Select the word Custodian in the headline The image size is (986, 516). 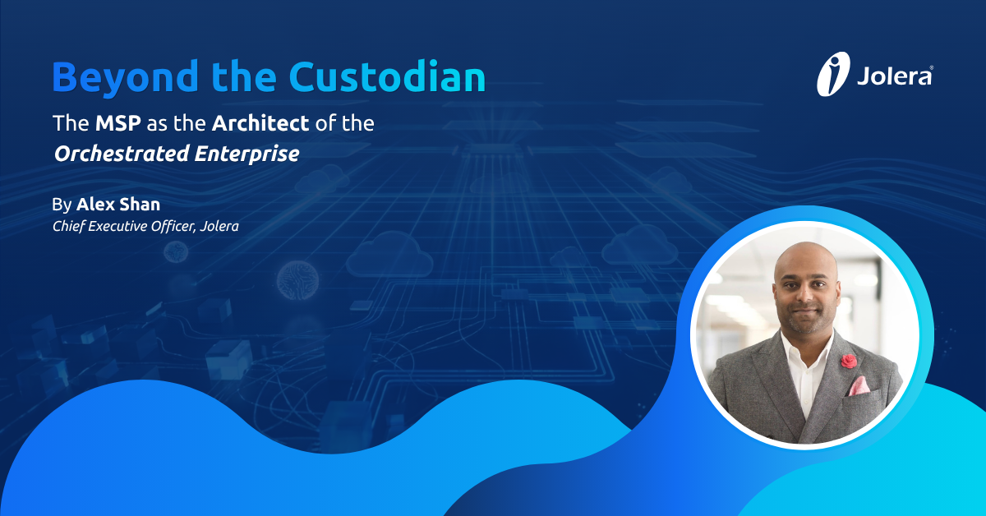[385, 76]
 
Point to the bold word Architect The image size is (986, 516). [260, 124]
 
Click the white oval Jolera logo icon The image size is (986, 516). [832, 74]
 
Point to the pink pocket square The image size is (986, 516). [857, 385]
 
